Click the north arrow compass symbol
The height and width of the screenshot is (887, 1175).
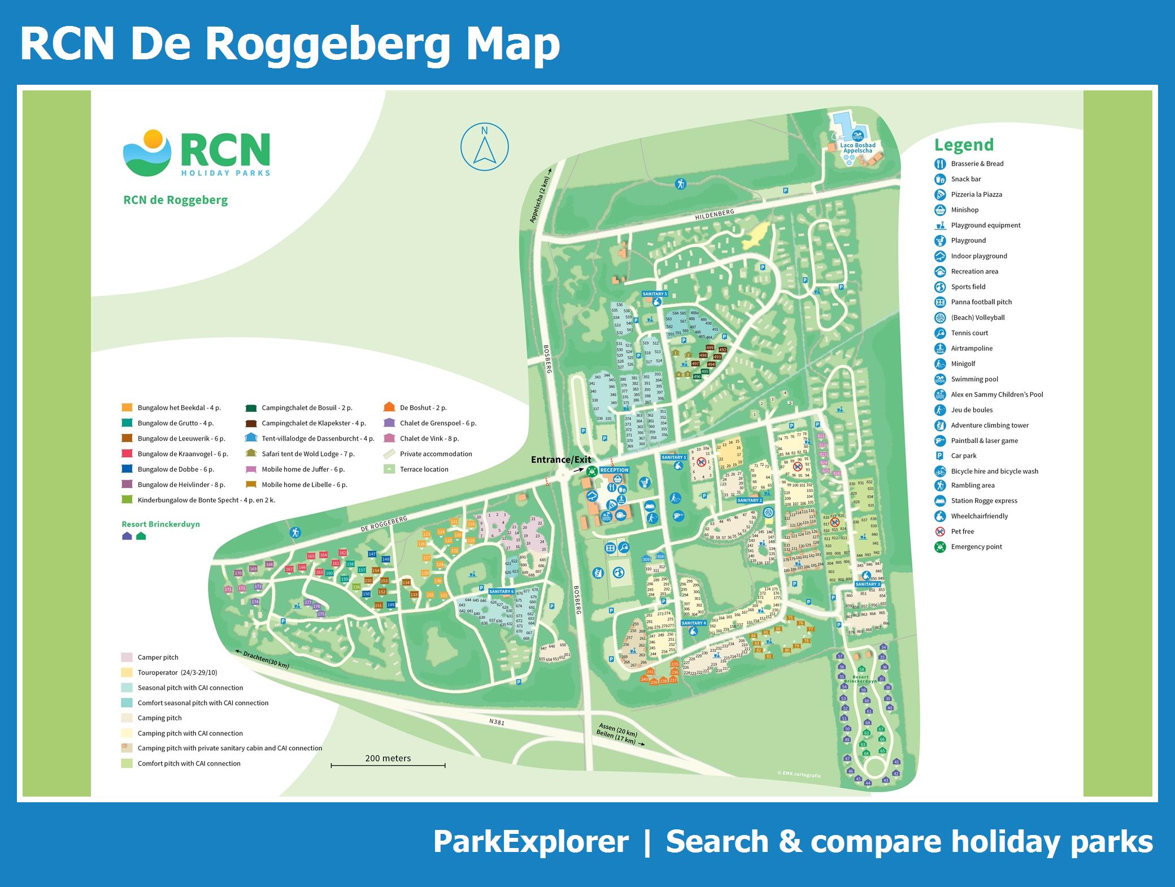(484, 147)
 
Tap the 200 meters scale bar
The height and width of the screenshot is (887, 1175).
(388, 765)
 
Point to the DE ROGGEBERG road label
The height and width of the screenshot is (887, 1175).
(384, 524)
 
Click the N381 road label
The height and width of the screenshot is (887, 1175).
(497, 722)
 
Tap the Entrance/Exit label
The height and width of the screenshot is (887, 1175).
(561, 459)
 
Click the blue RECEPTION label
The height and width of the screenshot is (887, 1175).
(614, 470)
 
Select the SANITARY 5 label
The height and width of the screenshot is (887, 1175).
(655, 294)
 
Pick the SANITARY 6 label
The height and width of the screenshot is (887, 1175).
(502, 592)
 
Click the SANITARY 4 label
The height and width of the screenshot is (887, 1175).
(694, 623)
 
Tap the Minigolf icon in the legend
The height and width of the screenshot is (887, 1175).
(940, 364)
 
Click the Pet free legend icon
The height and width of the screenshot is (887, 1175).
(940, 532)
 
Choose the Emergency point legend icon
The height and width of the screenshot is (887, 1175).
(940, 547)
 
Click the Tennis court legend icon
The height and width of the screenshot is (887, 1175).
(940, 333)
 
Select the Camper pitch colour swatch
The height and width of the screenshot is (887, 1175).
(127, 657)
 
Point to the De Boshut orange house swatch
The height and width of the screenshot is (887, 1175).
(389, 407)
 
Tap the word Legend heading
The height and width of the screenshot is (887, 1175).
(964, 145)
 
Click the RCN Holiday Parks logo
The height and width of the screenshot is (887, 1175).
(197, 154)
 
